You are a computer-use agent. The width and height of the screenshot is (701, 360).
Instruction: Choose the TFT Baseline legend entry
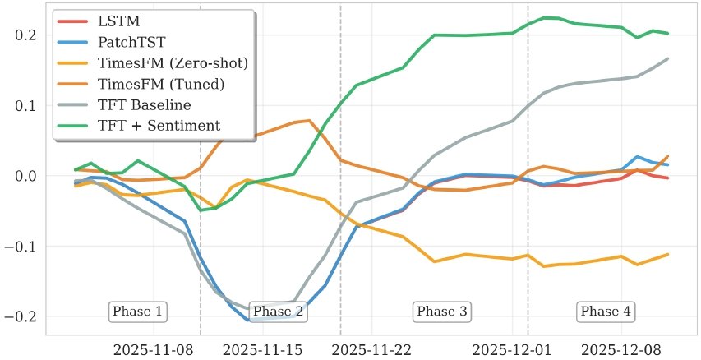[143, 104]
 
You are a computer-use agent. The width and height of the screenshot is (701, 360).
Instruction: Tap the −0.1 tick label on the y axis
[22, 247]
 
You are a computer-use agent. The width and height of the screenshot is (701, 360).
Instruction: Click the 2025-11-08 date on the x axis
[154, 349]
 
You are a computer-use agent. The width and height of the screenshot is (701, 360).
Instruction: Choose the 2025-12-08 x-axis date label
[618, 349]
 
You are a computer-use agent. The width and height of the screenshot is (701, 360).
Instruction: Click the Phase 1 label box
[137, 312]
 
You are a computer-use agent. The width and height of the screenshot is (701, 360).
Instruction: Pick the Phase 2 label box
[278, 312]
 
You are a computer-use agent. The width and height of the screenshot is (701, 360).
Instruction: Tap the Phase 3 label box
[442, 312]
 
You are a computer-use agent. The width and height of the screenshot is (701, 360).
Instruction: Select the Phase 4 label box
[606, 312]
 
